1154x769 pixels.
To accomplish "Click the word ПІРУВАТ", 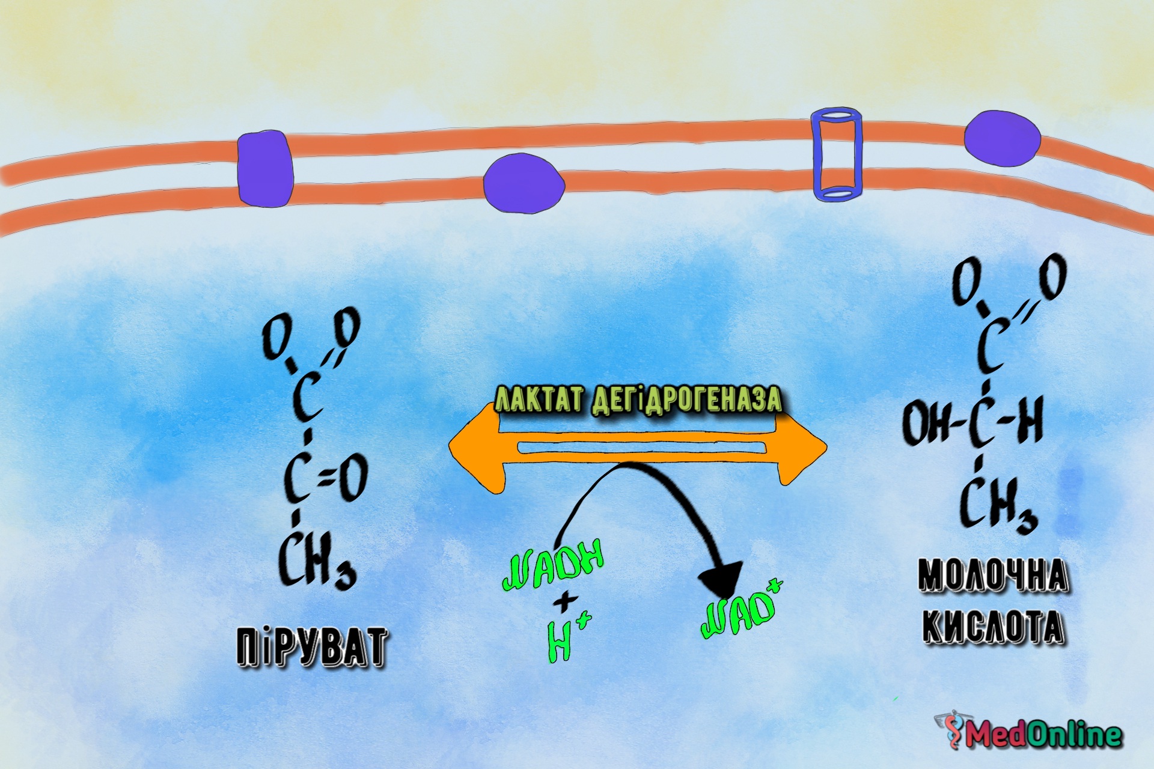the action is [x=311, y=648].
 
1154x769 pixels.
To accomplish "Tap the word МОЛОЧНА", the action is [x=993, y=576].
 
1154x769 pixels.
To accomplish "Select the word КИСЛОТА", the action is [x=993, y=627].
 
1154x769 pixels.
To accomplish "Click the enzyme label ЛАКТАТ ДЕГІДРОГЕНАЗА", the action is [x=638, y=400].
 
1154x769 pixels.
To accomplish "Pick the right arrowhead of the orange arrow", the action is [x=802, y=448].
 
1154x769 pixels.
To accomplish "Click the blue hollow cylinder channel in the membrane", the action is [x=837, y=154].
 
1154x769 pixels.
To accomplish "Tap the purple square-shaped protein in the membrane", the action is [x=265, y=169].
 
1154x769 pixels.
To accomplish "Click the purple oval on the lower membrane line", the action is [x=524, y=184].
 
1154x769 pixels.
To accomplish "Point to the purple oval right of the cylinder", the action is [x=1002, y=138].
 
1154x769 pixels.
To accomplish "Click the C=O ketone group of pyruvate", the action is [x=326, y=478].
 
